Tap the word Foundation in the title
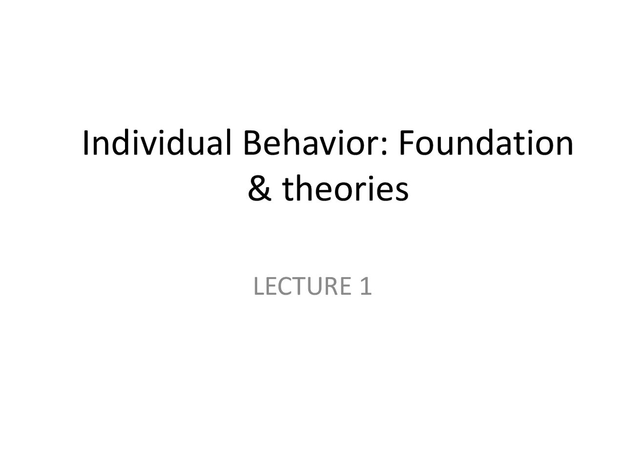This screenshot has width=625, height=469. point(486,143)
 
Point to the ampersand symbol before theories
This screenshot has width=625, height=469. point(259,189)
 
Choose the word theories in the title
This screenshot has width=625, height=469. point(345,189)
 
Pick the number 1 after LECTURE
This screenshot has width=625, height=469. point(366,286)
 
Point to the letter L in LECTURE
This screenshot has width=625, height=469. point(258,286)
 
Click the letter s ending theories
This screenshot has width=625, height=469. point(401,192)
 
